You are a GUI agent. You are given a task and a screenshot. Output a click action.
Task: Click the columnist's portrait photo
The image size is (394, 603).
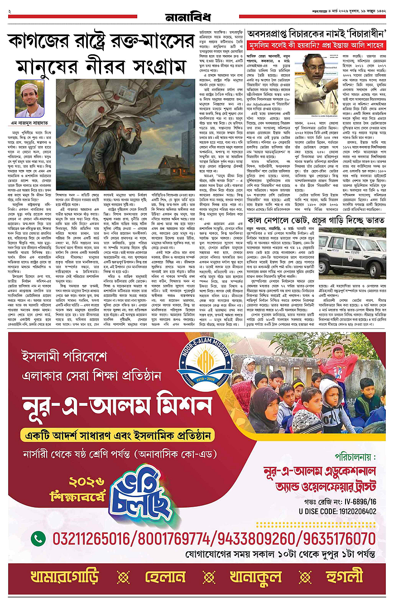point(29,99)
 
